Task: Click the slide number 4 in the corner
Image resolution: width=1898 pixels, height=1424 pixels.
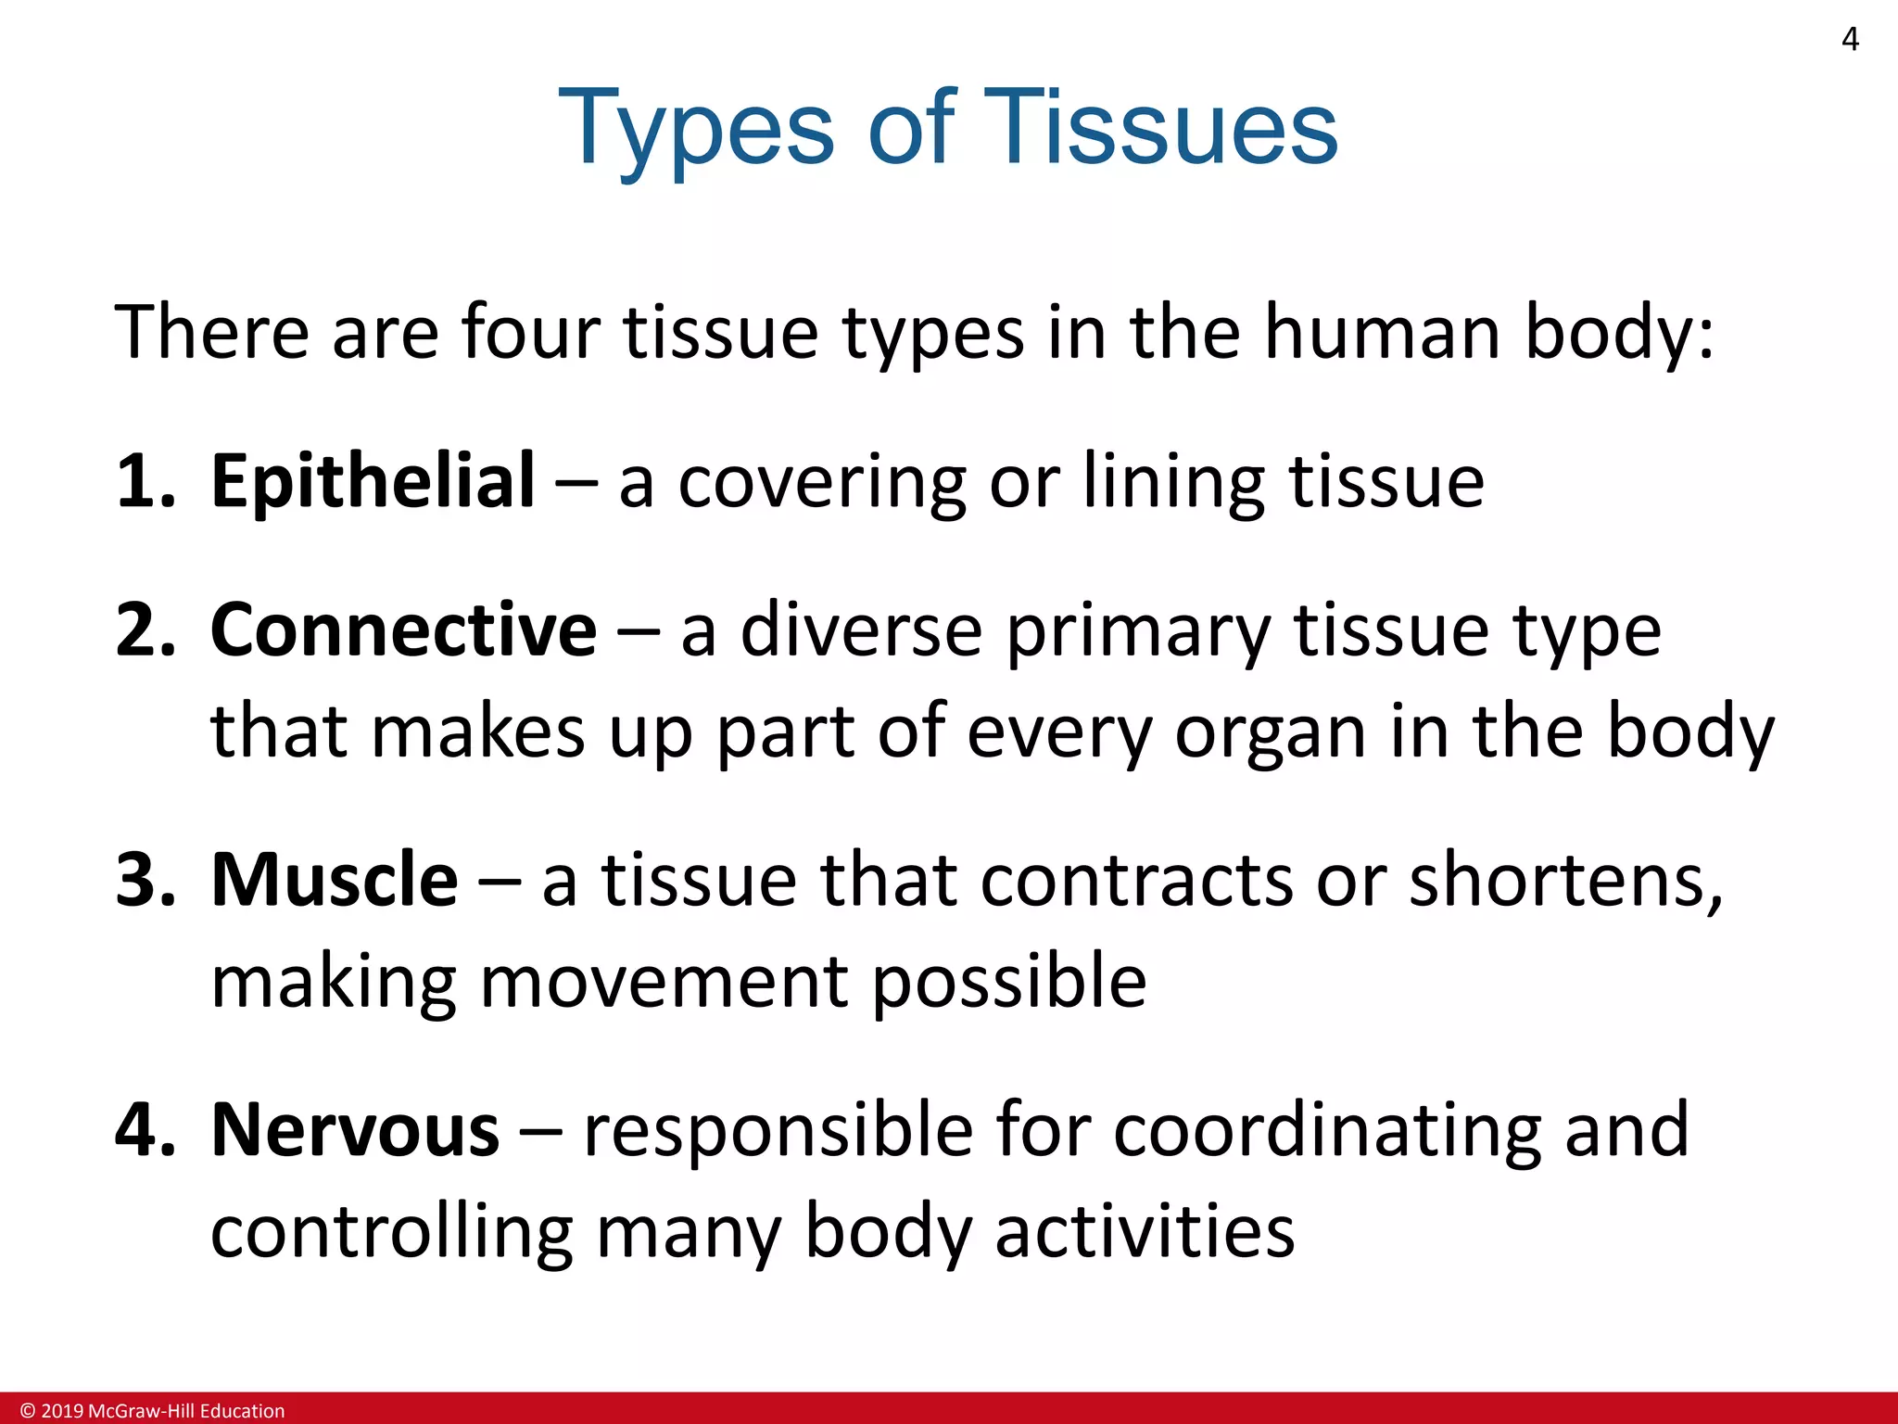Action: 1850,40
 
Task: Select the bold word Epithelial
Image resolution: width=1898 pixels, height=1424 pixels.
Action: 373,482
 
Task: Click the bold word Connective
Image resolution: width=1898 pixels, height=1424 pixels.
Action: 403,630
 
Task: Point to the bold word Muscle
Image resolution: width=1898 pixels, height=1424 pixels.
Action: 334,880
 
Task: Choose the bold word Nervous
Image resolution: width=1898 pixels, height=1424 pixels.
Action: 355,1130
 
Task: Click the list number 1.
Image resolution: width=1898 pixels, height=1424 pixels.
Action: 144,482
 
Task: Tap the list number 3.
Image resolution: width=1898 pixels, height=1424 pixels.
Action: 144,880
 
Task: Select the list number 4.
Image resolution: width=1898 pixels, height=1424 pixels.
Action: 144,1130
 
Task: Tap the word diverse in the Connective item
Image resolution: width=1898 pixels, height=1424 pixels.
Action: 861,630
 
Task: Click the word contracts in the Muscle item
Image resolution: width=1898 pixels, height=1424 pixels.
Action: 1136,880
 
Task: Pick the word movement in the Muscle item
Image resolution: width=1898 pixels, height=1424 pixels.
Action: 664,982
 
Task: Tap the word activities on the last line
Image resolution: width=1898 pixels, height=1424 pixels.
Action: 1145,1232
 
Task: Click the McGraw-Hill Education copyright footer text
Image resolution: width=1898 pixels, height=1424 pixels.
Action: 153,1411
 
